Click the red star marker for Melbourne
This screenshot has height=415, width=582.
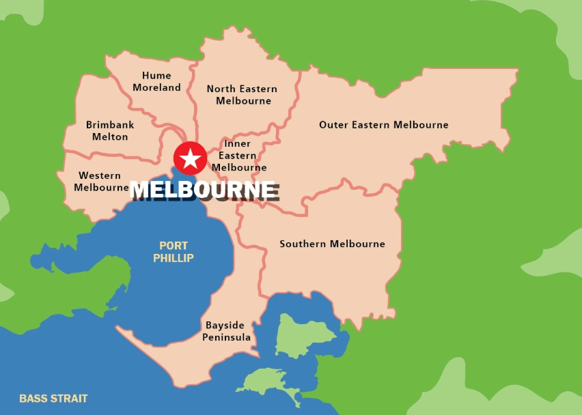[190, 158]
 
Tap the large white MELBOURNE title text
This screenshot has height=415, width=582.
[204, 190]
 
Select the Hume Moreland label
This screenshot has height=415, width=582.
[157, 81]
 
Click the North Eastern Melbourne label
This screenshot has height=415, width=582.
[242, 95]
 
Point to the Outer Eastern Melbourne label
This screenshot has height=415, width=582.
[384, 125]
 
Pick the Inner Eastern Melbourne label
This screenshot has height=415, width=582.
[238, 156]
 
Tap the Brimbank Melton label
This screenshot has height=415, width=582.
[110, 130]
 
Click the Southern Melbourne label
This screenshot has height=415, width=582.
[332, 244]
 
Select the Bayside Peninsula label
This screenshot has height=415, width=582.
[226, 331]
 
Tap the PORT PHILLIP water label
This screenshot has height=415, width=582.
[174, 252]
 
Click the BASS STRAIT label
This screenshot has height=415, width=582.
[53, 399]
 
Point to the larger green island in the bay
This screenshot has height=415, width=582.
[303, 334]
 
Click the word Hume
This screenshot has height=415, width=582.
[156, 75]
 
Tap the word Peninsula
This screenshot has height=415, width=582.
[226, 337]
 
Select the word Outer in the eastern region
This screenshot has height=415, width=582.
[333, 125]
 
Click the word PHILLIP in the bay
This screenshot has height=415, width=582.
[174, 258]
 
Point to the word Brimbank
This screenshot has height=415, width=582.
[110, 125]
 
